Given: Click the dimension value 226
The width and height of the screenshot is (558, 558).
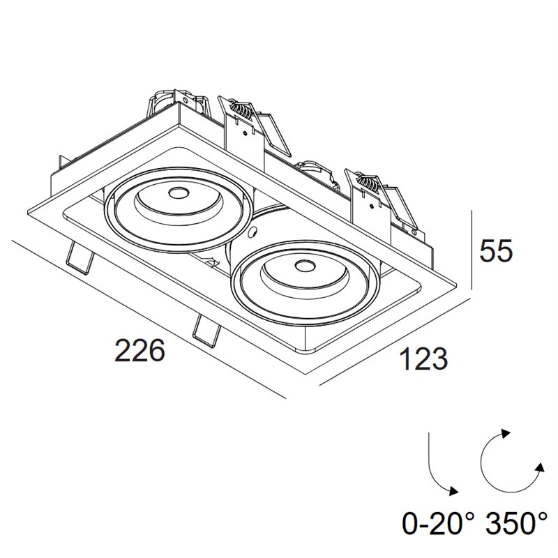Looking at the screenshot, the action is click(x=140, y=350).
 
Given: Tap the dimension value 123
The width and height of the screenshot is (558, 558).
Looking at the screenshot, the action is click(x=423, y=359).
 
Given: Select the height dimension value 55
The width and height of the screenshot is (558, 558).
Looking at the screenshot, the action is click(x=496, y=250).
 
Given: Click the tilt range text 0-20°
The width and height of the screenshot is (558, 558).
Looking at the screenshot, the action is click(x=439, y=522).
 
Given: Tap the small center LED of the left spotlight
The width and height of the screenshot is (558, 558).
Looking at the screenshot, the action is click(x=178, y=194).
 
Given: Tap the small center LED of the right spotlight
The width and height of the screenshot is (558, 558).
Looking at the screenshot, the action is click(x=305, y=265).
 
